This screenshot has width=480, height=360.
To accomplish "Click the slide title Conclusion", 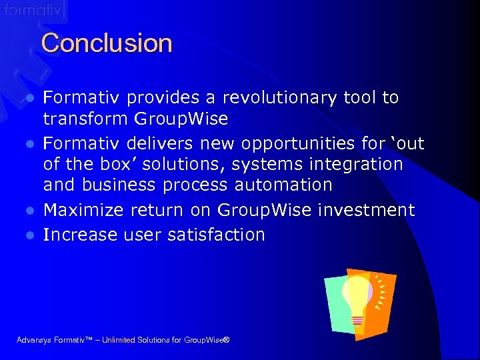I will coord(107,44).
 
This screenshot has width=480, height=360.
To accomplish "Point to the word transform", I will coord(85,119).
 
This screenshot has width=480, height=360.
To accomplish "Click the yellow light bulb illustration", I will coord(357,296).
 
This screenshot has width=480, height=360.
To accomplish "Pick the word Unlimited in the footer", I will coord(117,341).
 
